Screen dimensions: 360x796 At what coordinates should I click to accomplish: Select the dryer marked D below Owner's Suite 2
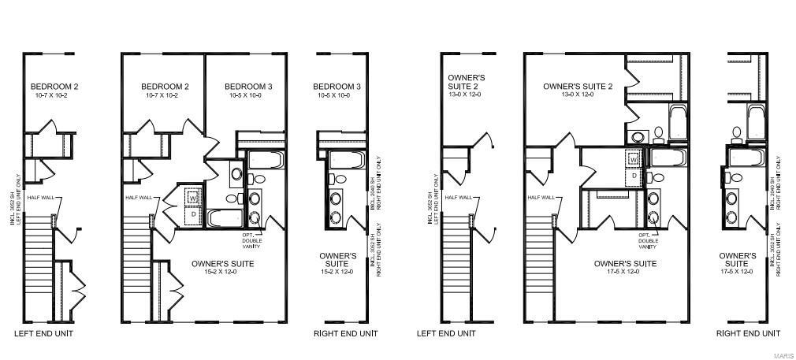pyautogui.click(x=634, y=176)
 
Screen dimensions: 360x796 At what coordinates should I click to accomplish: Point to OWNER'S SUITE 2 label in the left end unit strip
pyautogui.click(x=466, y=82)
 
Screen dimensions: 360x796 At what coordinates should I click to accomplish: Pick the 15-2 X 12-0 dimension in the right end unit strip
pyautogui.click(x=339, y=272)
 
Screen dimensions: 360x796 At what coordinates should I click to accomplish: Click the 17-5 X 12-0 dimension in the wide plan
pyautogui.click(x=625, y=272)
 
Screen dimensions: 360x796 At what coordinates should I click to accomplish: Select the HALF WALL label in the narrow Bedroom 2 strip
pyautogui.click(x=40, y=198)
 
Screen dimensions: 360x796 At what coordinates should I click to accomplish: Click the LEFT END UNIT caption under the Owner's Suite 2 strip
pyautogui.click(x=446, y=334)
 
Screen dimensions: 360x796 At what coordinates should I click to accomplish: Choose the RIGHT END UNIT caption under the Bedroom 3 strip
pyautogui.click(x=345, y=334)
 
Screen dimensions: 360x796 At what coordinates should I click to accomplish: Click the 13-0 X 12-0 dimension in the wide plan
pyautogui.click(x=577, y=95)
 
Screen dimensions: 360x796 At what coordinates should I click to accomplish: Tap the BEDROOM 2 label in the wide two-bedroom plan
pyautogui.click(x=166, y=87)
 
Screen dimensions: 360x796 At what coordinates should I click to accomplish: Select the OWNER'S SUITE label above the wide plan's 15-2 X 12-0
pyautogui.click(x=223, y=264)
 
